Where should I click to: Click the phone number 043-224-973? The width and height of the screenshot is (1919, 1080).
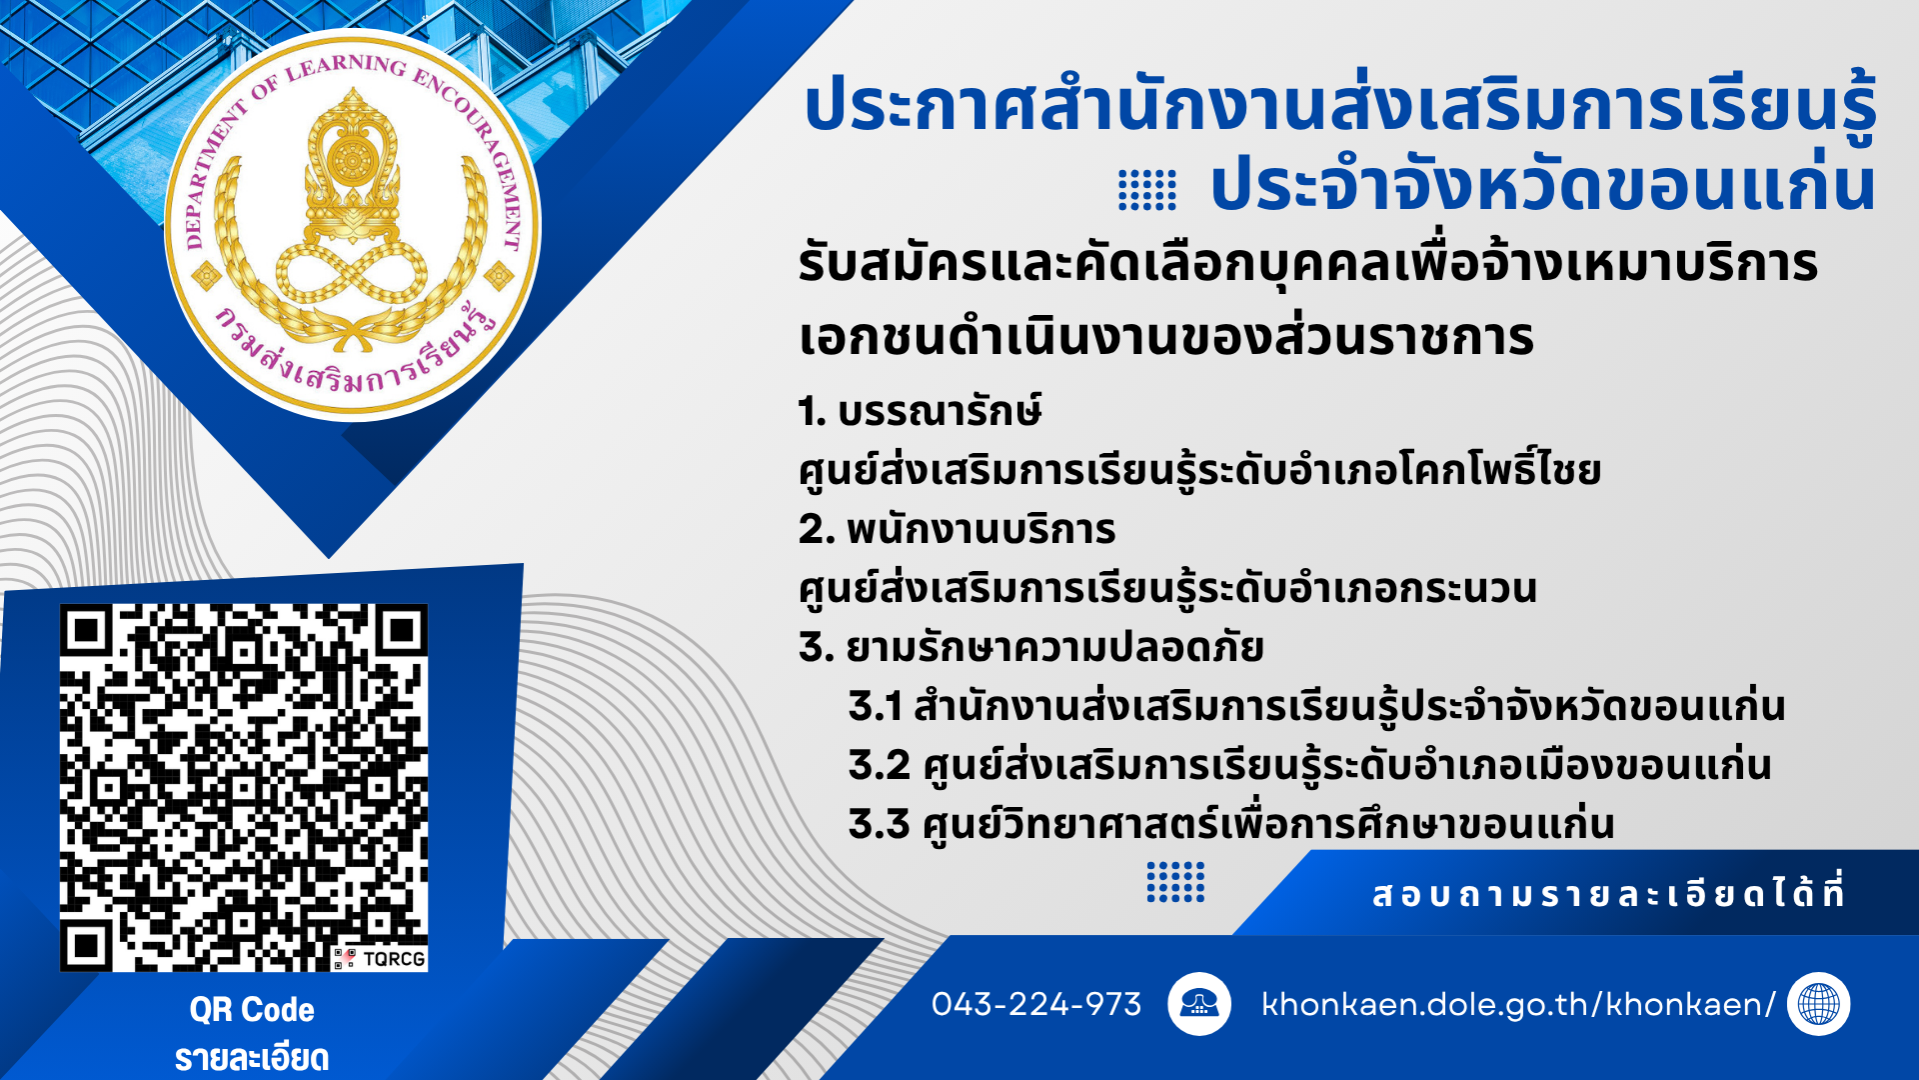[x=1035, y=1004]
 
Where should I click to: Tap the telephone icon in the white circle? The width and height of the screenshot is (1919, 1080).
[x=1199, y=1003]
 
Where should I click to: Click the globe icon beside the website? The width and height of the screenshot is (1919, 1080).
[x=1818, y=1004]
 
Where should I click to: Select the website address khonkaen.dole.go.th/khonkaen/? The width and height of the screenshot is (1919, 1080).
[x=1518, y=1004]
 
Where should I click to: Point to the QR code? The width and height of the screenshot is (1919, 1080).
[x=244, y=788]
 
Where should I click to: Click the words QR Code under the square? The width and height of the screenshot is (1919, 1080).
[x=252, y=1010]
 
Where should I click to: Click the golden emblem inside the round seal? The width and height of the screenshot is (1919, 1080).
[x=352, y=220]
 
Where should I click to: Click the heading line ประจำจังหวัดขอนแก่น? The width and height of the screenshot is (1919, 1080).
[x=1542, y=185]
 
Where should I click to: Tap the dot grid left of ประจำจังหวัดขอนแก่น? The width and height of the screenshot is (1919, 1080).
[x=1147, y=190]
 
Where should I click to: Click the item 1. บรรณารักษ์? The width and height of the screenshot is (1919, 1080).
[x=920, y=411]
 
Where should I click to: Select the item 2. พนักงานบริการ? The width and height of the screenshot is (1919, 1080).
[x=957, y=529]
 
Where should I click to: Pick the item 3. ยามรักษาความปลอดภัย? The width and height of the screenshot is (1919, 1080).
[x=1030, y=647]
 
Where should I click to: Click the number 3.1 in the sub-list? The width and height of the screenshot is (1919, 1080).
[x=876, y=706]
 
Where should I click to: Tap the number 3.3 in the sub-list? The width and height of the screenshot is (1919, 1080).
[x=879, y=824]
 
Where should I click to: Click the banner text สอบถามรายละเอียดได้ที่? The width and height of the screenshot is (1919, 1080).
[x=1608, y=893]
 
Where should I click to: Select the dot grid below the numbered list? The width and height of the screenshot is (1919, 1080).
[x=1175, y=882]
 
